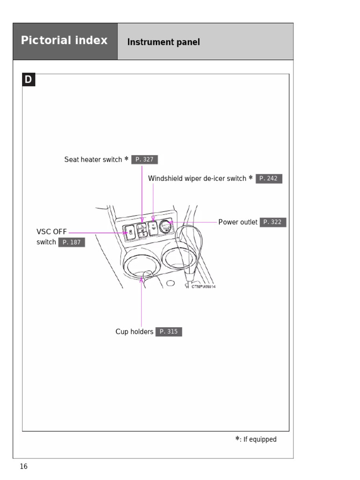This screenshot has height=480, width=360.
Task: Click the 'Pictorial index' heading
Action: [64, 40]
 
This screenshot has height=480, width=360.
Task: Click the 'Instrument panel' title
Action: [164, 42]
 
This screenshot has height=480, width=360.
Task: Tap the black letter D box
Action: [29, 80]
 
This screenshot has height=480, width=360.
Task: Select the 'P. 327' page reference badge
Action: [144, 159]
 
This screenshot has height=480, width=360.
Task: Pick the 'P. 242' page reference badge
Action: [269, 179]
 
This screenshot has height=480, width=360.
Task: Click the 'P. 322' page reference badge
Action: [272, 222]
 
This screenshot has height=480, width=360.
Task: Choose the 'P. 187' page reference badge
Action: [71, 242]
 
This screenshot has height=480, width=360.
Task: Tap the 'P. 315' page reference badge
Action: [168, 332]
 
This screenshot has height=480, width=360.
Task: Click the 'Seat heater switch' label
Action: [93, 160]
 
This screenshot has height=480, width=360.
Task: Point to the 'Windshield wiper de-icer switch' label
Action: [197, 179]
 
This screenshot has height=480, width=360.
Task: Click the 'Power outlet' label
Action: [238, 222]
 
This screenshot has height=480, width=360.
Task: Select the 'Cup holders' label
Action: [134, 332]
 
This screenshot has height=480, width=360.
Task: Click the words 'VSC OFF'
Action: [52, 232]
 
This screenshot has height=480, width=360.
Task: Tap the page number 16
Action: [23, 466]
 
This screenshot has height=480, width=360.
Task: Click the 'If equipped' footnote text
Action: [260, 439]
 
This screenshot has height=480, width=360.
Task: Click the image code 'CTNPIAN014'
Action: [203, 286]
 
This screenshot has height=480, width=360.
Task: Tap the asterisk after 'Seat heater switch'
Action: [127, 159]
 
